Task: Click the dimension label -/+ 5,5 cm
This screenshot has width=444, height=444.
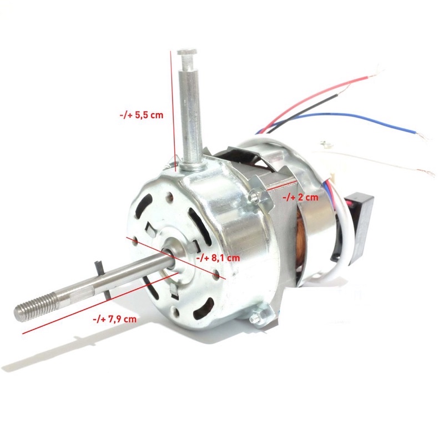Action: tap(141, 115)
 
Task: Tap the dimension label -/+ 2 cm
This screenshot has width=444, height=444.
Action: tap(300, 197)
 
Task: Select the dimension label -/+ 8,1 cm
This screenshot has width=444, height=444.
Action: tap(218, 258)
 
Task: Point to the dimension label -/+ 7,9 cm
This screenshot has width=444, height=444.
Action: tap(114, 319)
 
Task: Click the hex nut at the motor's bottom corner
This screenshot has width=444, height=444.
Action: tap(256, 319)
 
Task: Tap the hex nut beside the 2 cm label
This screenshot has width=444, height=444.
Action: tap(255, 195)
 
